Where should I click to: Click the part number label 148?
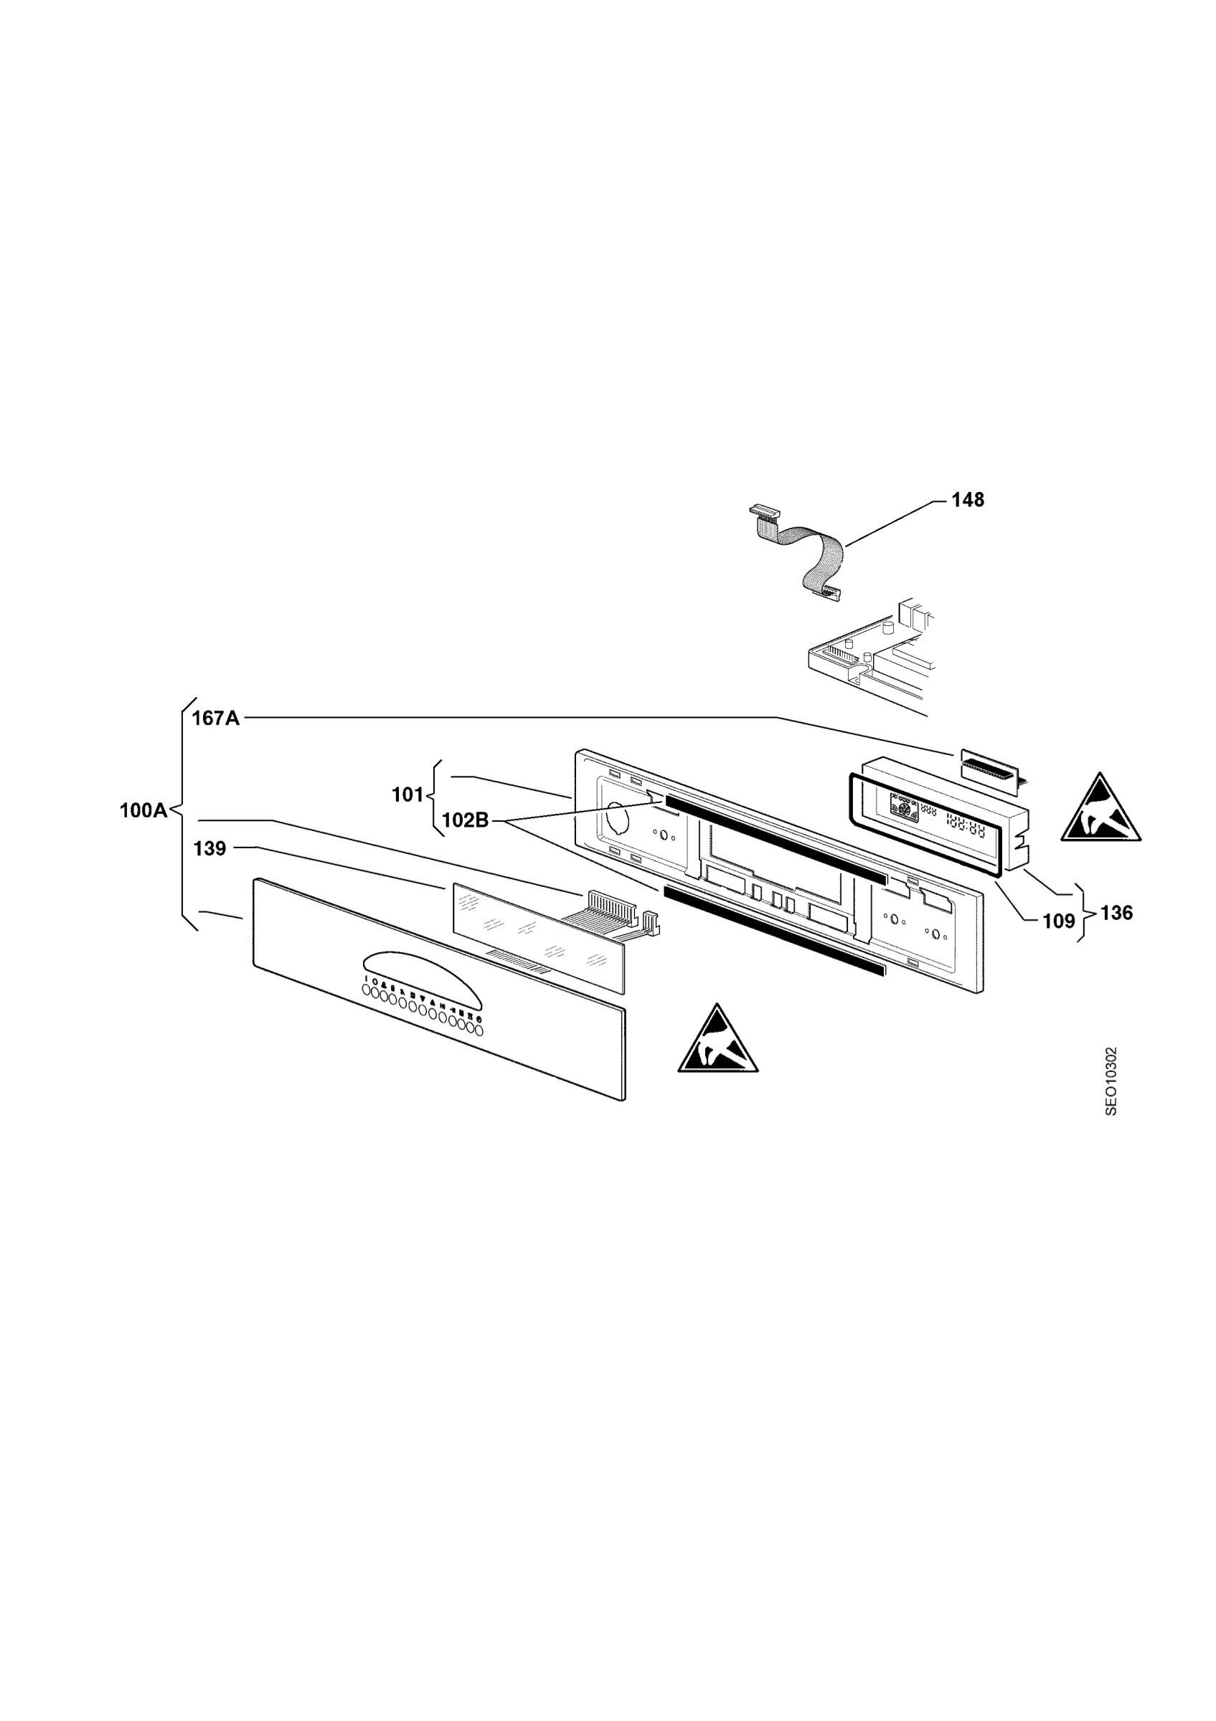tap(967, 500)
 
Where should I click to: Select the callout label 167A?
tap(216, 718)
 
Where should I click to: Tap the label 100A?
tap(143, 810)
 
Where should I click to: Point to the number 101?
tap(407, 795)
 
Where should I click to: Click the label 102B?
tap(465, 821)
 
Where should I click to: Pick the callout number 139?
tap(210, 848)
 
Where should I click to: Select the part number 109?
tap(1059, 921)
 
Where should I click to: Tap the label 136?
tap(1116, 913)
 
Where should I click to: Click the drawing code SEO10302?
tap(1111, 1081)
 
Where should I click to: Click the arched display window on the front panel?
tap(423, 977)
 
